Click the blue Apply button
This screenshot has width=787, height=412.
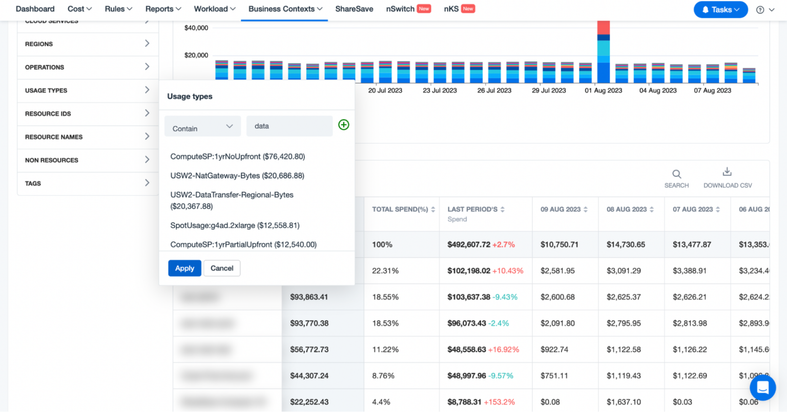pos(184,268)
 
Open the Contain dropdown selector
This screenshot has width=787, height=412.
pos(202,127)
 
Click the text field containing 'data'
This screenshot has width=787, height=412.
pos(289,126)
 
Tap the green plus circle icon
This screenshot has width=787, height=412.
pos(344,125)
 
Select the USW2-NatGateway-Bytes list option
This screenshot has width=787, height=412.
pos(237,176)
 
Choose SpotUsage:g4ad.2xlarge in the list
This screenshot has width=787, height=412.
pos(235,225)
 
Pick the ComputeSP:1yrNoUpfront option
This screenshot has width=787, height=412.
pos(237,157)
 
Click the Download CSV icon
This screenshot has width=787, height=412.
pos(727,172)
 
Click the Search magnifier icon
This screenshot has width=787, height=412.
pos(676,174)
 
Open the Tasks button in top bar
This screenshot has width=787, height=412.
pos(720,10)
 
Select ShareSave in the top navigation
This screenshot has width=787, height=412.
pos(354,9)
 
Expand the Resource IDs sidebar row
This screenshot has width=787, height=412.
pos(88,114)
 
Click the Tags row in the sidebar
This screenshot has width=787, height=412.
pos(88,183)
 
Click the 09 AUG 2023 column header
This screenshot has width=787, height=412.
pos(561,210)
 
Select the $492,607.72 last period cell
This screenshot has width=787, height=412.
pos(469,245)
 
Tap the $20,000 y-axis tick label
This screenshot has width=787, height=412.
pos(196,55)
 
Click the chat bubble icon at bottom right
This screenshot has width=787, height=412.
pos(762,387)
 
